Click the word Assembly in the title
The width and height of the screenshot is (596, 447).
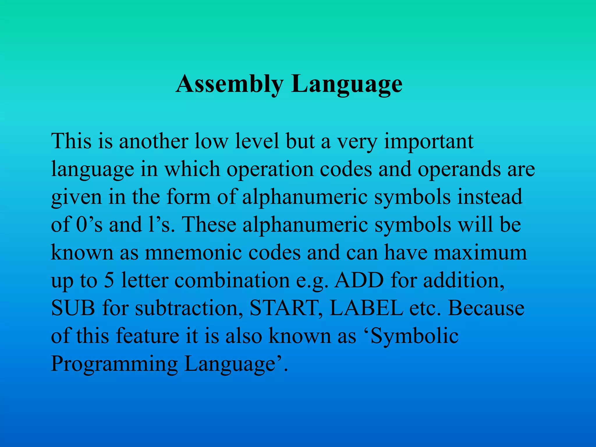(229, 84)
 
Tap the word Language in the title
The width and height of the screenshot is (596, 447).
(347, 84)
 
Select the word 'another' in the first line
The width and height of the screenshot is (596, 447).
(153, 141)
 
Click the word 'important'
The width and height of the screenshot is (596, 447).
(429, 141)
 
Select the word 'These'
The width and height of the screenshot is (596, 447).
(209, 225)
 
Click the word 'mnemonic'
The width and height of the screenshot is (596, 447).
(193, 252)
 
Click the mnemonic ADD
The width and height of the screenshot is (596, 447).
(359, 280)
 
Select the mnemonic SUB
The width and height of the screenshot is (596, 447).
(73, 308)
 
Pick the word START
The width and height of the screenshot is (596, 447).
(285, 308)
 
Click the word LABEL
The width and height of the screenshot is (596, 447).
(366, 308)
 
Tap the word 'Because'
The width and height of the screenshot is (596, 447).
(486, 308)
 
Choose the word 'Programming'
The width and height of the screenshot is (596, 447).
(114, 364)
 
